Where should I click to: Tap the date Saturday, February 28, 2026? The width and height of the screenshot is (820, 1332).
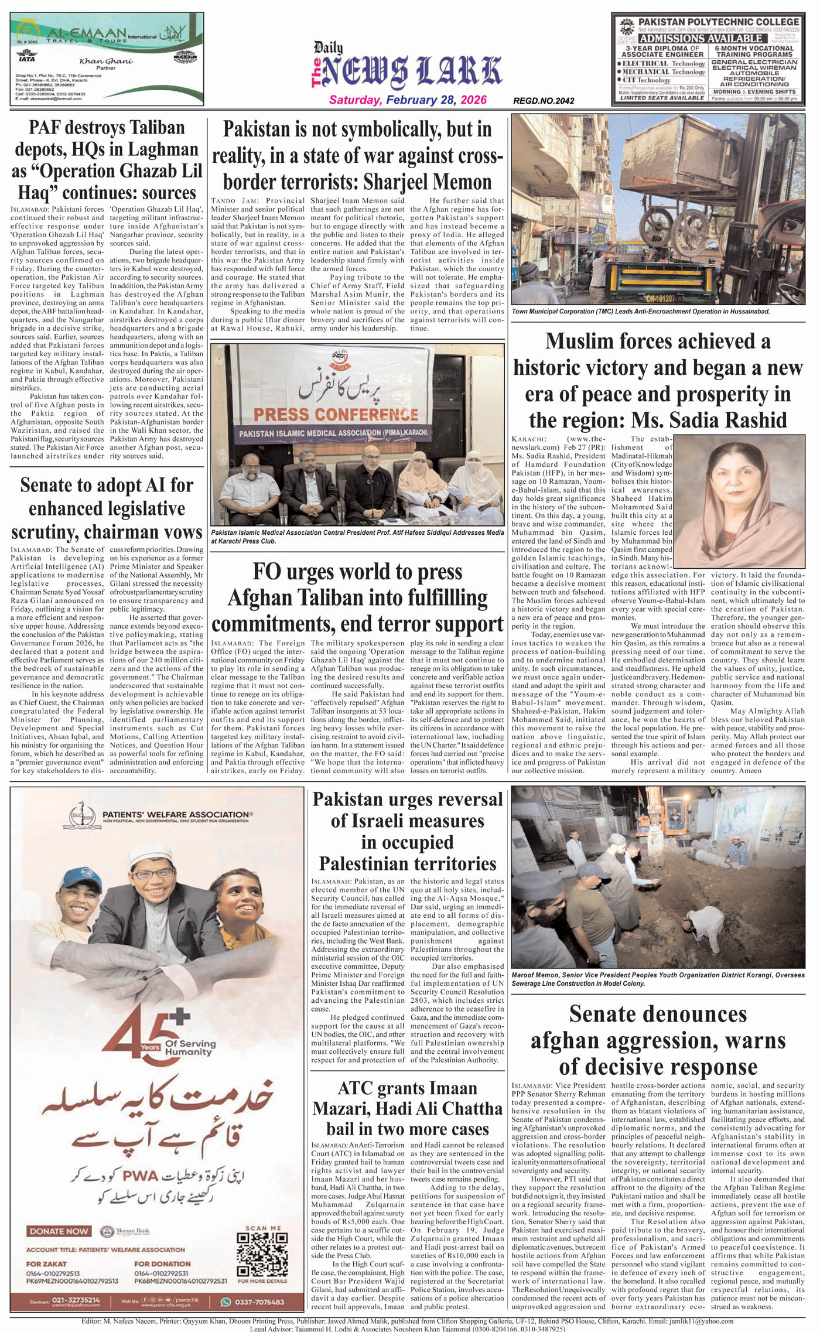click(408, 100)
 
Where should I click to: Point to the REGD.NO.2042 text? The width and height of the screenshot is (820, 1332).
click(544, 101)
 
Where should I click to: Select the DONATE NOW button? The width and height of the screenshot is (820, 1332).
click(59, 1231)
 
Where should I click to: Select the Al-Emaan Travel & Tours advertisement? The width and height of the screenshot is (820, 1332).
click(107, 59)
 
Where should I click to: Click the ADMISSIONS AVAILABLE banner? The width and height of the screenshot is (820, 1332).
click(701, 38)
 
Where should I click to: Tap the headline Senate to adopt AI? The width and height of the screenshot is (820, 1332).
click(107, 508)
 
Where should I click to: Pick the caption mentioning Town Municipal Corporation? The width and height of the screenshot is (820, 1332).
click(641, 312)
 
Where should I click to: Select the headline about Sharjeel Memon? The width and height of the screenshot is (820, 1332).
click(357, 155)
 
